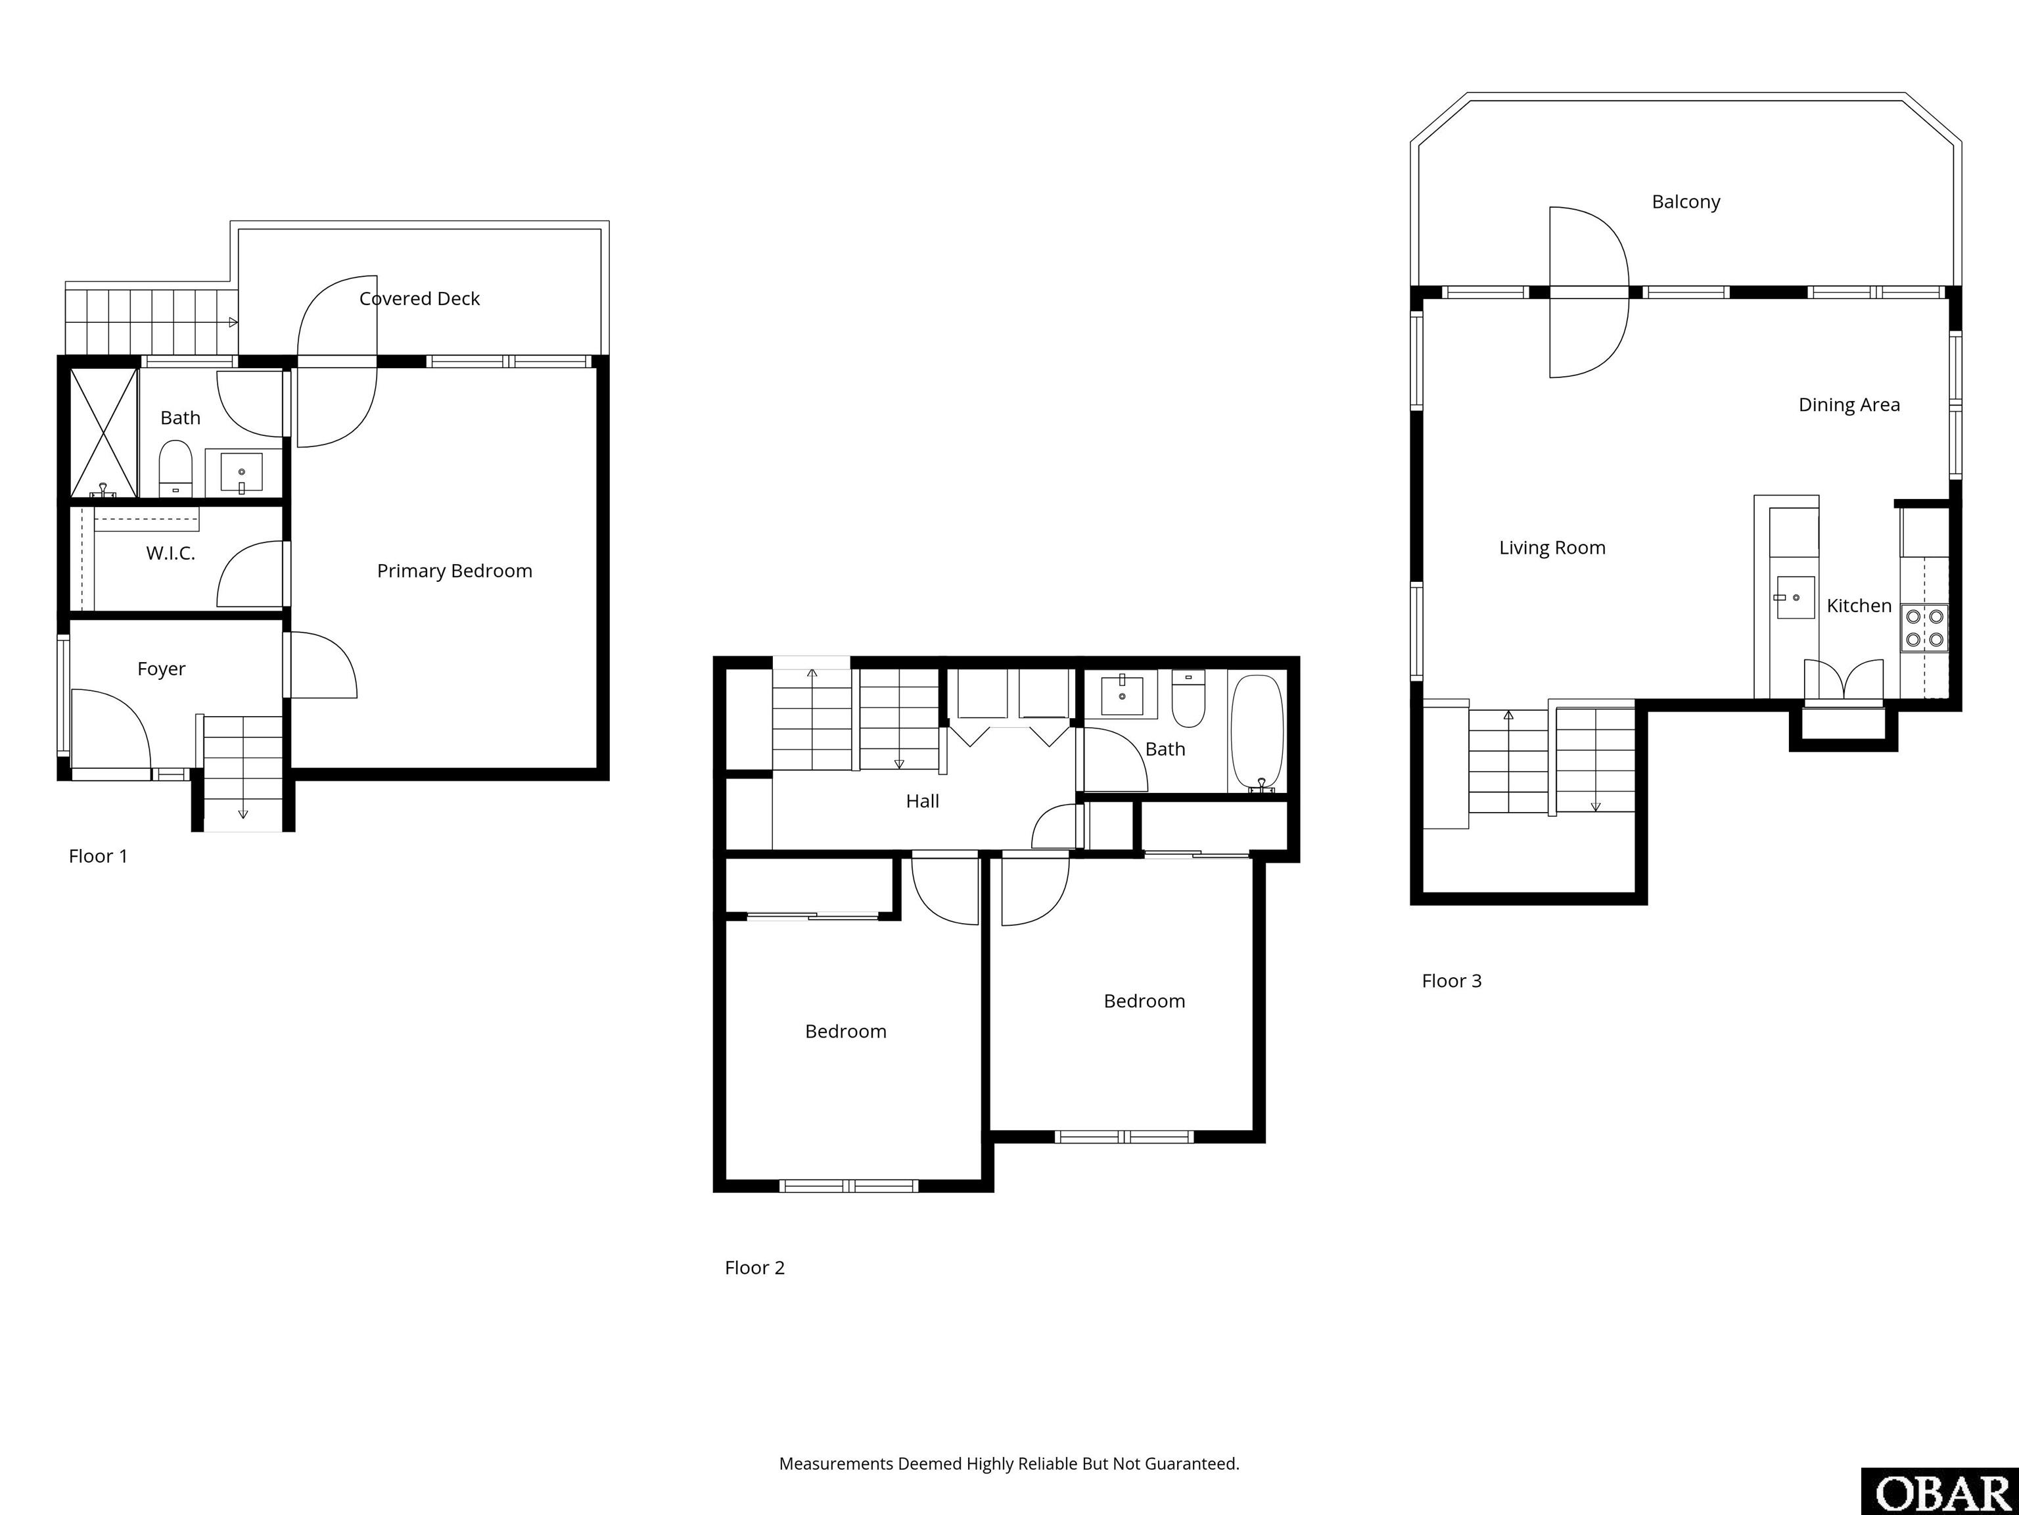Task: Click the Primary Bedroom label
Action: (x=455, y=571)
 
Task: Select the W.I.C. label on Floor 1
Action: (x=171, y=554)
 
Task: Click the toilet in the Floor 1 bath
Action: (x=175, y=468)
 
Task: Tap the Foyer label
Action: (x=162, y=669)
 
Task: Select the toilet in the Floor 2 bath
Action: (x=1188, y=698)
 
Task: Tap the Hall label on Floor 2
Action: (x=922, y=802)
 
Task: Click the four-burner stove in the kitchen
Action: (x=1924, y=628)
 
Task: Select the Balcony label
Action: (x=1686, y=202)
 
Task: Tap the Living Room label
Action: (x=1552, y=548)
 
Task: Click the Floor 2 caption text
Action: (x=755, y=1268)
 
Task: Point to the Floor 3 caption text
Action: (x=1451, y=981)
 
